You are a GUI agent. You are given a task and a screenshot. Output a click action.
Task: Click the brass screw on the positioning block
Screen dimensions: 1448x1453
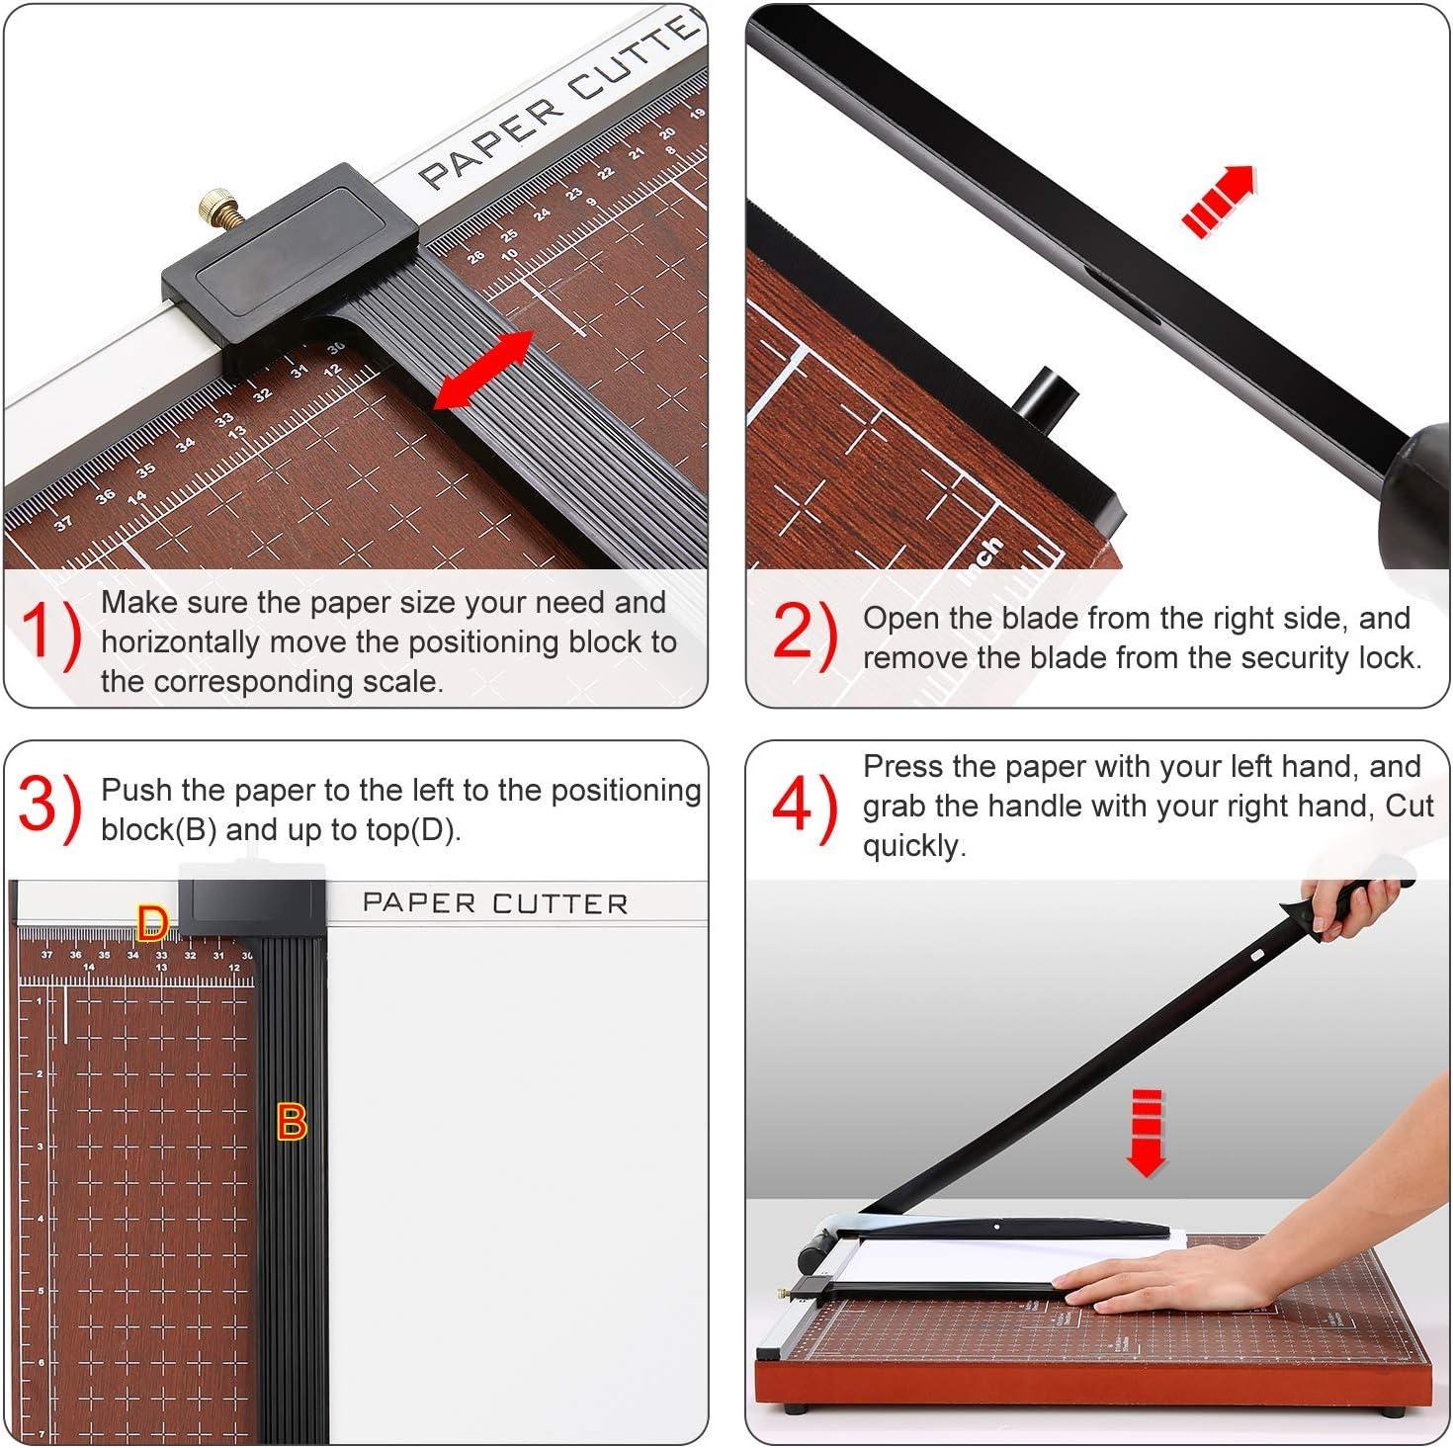pyautogui.click(x=216, y=210)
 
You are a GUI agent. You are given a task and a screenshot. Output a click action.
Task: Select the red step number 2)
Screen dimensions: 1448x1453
pyautogui.click(x=804, y=633)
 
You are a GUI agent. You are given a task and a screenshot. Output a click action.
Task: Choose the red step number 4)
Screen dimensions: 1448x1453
pyautogui.click(x=804, y=807)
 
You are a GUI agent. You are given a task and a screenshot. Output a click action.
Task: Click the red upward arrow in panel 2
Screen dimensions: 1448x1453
pyautogui.click(x=1219, y=201)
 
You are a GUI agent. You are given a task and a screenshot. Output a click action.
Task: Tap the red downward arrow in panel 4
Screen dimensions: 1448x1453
pyautogui.click(x=1146, y=1134)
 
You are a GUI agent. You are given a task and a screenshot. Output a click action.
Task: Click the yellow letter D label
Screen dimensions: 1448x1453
pyautogui.click(x=152, y=924)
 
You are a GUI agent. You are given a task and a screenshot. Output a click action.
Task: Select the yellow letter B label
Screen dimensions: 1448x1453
pyautogui.click(x=291, y=1123)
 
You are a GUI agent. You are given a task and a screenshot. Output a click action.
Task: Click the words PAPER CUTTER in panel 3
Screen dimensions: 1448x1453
pyautogui.click(x=494, y=903)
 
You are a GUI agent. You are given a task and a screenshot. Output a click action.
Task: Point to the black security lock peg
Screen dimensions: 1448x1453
pyautogui.click(x=1046, y=396)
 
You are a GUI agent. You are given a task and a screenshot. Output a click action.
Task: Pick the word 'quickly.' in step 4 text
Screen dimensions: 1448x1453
pyautogui.click(x=913, y=846)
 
